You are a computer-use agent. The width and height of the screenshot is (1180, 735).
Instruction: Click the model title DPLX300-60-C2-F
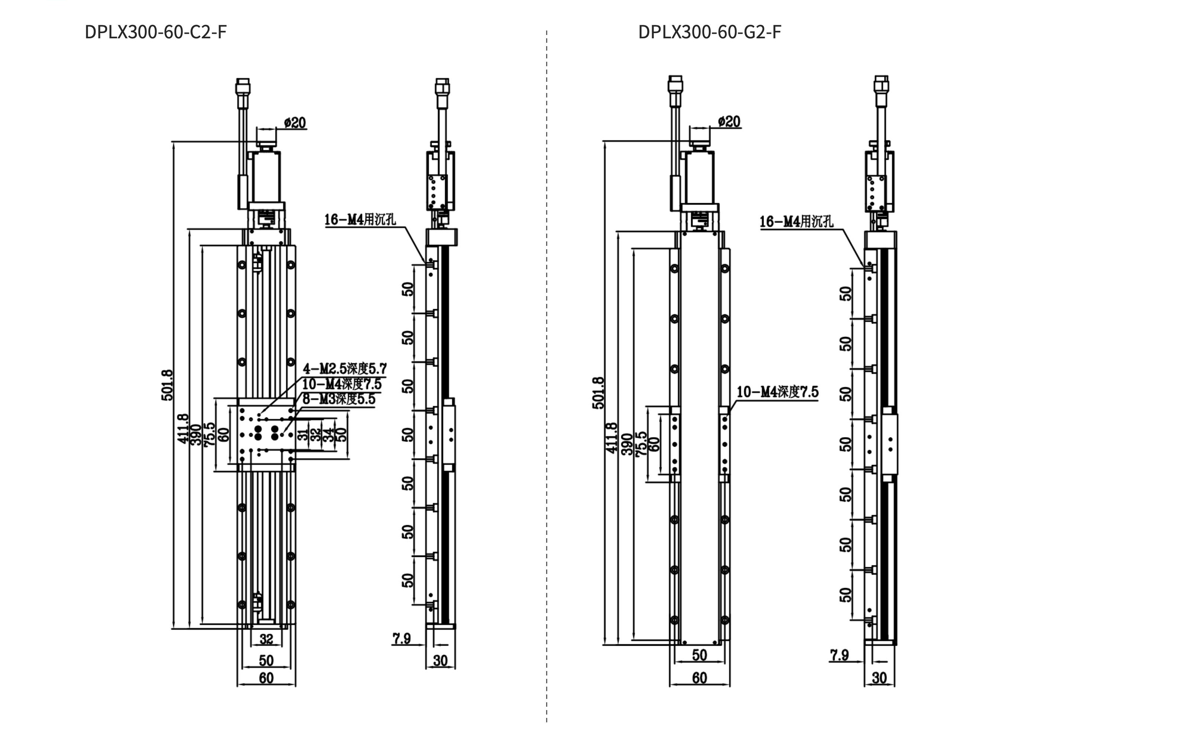click(155, 32)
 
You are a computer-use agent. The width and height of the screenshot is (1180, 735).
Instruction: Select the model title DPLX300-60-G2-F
click(710, 32)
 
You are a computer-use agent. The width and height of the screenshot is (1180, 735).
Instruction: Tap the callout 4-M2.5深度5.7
click(344, 369)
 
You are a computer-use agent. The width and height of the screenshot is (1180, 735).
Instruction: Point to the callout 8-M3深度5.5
click(339, 399)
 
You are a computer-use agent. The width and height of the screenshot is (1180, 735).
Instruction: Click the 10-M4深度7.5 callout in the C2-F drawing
click(342, 384)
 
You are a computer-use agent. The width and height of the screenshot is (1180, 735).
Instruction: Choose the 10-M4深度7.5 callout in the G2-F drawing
click(777, 392)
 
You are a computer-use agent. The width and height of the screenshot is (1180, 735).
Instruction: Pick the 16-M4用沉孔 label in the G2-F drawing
click(797, 222)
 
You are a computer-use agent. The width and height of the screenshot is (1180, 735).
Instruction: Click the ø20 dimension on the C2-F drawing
click(295, 122)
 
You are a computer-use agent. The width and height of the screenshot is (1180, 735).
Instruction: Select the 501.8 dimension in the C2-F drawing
click(167, 385)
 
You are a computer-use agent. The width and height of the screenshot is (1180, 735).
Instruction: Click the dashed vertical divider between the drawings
click(547, 377)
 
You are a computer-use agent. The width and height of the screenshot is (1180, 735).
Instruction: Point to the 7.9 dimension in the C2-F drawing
click(402, 638)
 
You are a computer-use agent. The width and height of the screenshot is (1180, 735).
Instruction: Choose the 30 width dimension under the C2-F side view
click(440, 661)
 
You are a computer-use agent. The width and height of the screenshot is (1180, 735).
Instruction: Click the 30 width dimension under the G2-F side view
click(879, 678)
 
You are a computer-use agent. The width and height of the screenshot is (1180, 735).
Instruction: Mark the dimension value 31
click(303, 434)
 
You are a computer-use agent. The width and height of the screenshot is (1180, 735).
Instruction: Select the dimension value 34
click(329, 434)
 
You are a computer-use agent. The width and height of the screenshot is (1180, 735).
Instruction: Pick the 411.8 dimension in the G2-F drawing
click(612, 438)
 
